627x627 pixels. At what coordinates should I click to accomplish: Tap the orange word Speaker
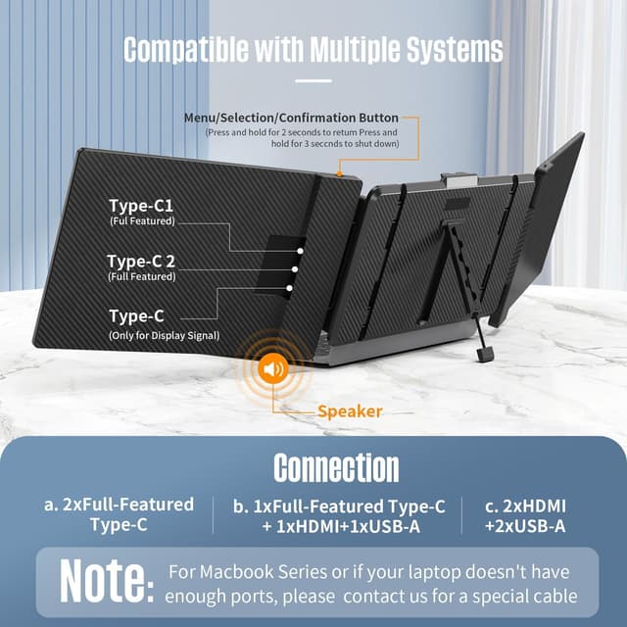coord(350,411)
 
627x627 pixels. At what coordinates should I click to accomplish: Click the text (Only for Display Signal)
coord(163,336)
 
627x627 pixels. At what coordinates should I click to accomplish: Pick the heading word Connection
coord(336,468)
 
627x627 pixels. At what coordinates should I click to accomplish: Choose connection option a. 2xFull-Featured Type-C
coord(119,515)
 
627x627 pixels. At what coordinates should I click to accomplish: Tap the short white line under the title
coord(313,80)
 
